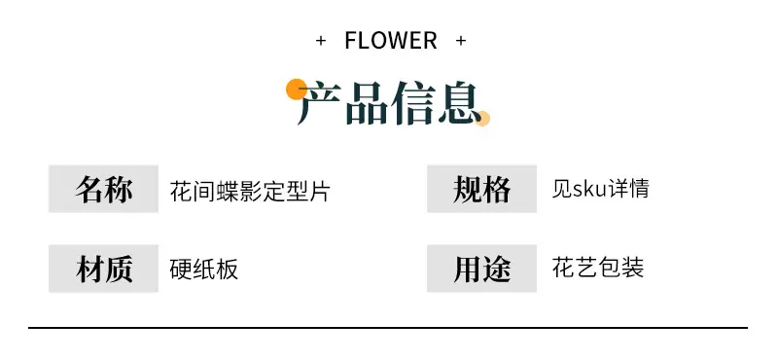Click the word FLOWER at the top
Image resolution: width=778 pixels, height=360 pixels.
tap(391, 40)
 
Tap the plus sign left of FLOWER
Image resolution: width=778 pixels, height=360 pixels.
tap(321, 41)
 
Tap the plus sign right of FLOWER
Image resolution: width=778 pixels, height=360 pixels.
tap(461, 41)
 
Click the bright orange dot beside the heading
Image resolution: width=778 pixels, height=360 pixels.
tap(297, 90)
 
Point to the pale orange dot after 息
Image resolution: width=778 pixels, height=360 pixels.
tap(482, 119)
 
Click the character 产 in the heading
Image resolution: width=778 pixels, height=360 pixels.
tap(319, 103)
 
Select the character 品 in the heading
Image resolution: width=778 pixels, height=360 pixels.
tap(367, 103)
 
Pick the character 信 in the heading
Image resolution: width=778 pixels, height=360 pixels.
tap(413, 103)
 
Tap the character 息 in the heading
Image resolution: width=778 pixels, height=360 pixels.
tap(460, 103)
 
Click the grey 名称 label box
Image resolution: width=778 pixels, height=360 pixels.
tap(103, 189)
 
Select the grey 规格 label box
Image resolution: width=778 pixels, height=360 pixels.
tap(481, 189)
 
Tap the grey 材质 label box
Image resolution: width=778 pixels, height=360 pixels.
tap(103, 269)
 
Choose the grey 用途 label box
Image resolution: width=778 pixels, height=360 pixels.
tap(481, 269)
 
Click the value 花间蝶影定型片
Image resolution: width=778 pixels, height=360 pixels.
tap(250, 191)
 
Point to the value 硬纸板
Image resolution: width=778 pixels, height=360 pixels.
tap(204, 269)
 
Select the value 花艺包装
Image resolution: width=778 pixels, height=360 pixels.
tap(598, 268)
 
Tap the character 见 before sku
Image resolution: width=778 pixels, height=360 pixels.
tap(562, 189)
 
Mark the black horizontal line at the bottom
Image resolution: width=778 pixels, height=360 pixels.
tap(388, 328)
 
